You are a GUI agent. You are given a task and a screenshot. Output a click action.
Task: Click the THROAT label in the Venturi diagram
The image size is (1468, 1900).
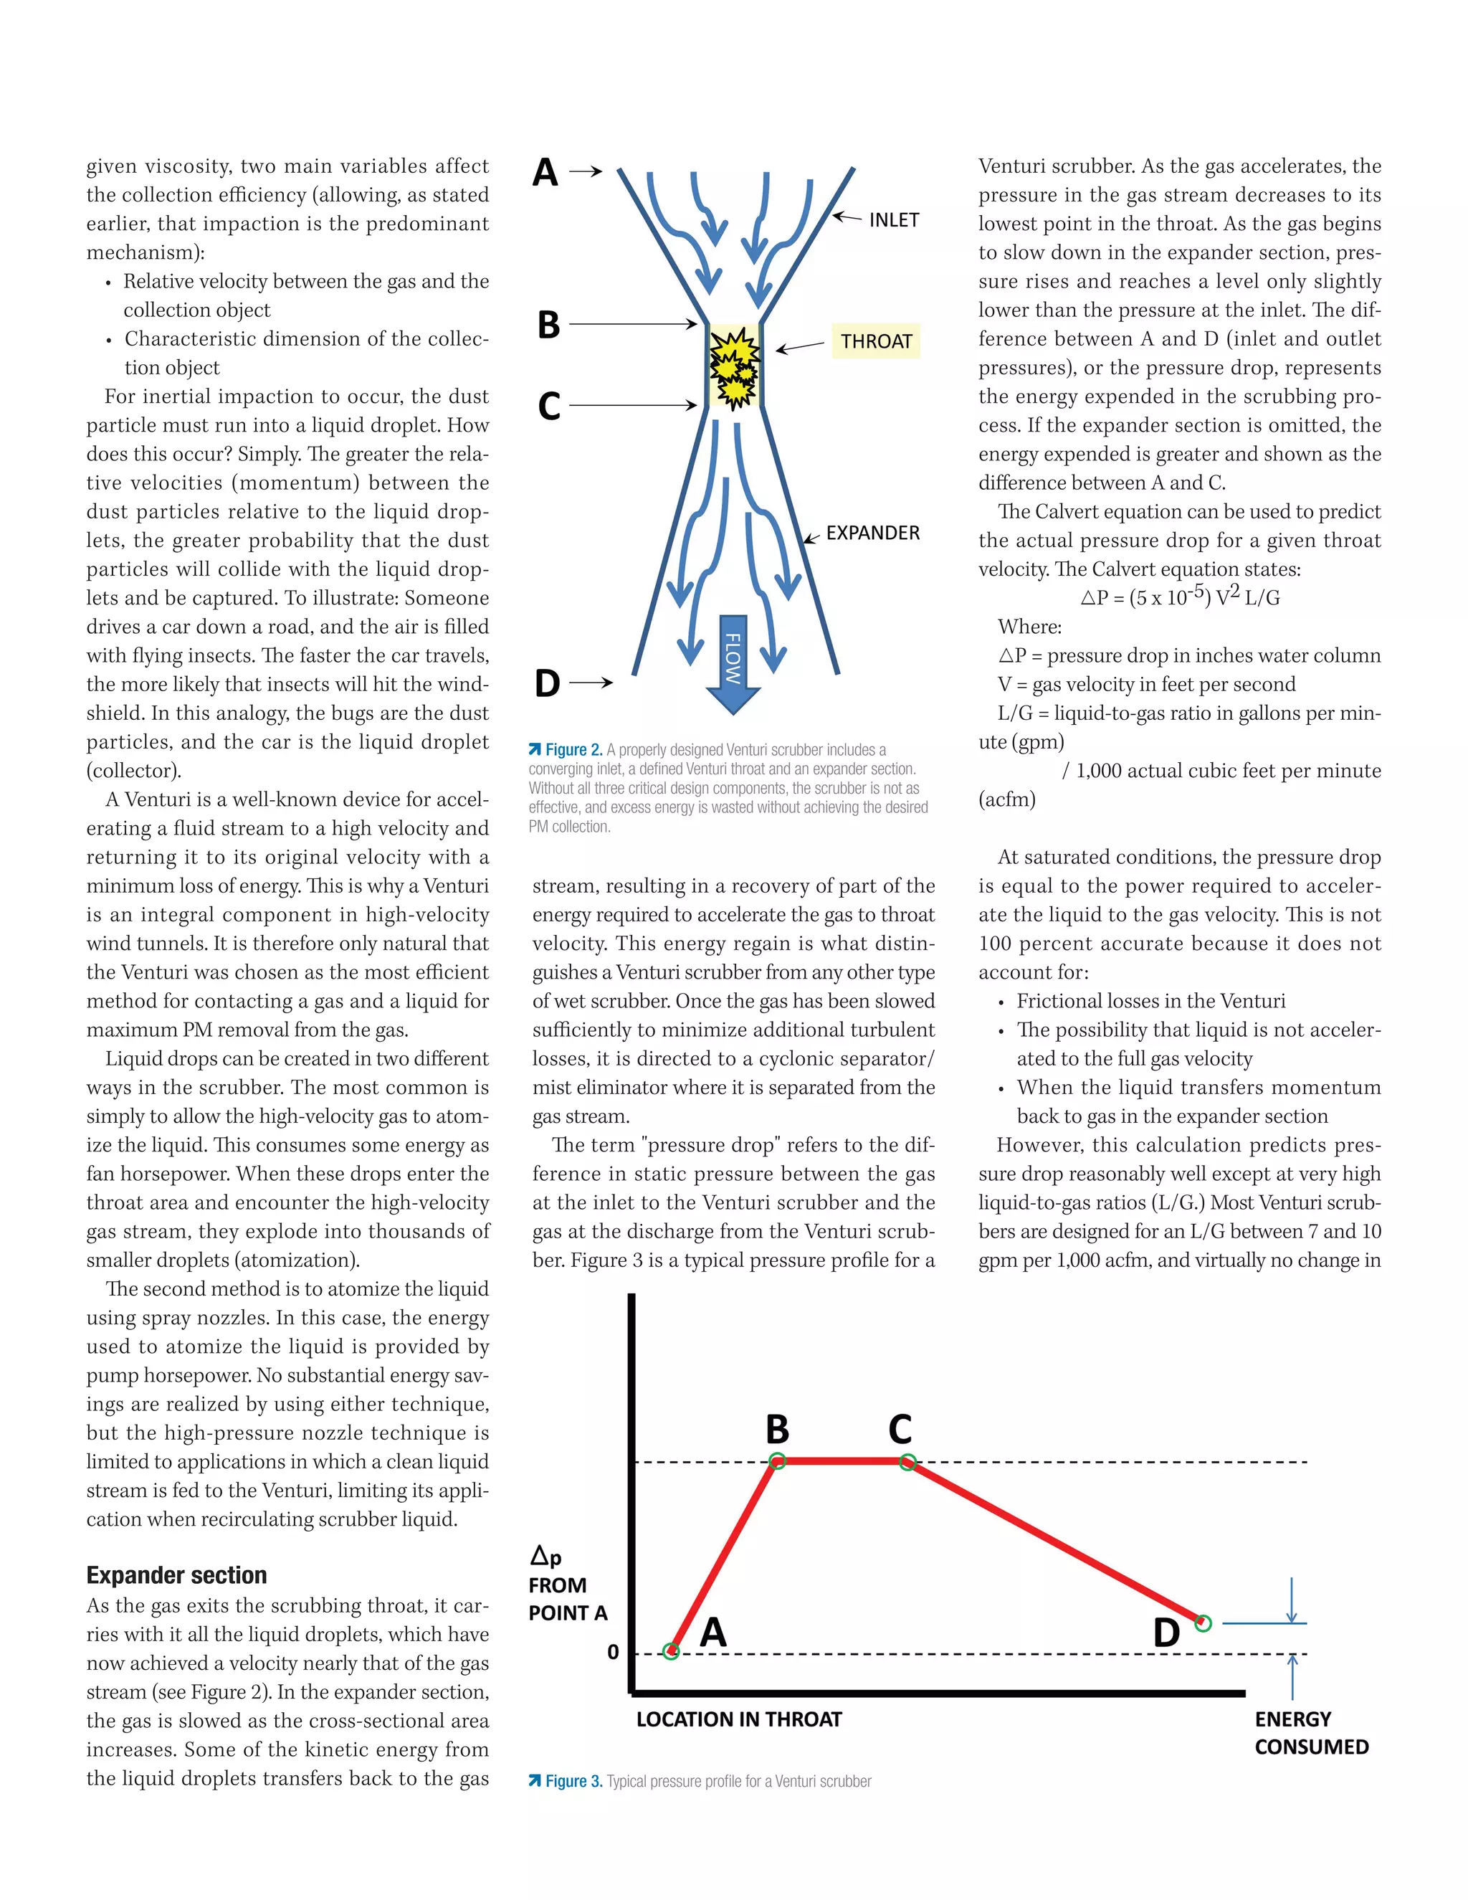tap(876, 341)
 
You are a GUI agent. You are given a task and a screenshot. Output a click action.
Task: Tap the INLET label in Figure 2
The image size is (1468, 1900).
tap(893, 220)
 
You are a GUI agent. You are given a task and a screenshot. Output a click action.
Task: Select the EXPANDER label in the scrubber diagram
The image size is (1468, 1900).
tap(872, 533)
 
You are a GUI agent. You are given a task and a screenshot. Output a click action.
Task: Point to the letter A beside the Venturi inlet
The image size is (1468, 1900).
tap(545, 172)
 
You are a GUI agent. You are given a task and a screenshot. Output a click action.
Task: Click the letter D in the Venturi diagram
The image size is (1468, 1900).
tap(547, 684)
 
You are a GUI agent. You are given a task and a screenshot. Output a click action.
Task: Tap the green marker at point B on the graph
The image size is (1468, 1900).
tap(778, 1461)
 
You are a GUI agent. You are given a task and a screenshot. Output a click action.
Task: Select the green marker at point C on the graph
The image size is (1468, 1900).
tap(907, 1461)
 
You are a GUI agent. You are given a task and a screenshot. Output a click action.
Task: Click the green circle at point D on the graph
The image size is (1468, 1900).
tap(1203, 1623)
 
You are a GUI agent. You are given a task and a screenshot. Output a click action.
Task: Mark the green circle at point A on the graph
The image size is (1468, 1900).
tap(670, 1651)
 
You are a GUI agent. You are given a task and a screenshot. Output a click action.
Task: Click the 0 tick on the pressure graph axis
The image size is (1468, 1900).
tap(613, 1652)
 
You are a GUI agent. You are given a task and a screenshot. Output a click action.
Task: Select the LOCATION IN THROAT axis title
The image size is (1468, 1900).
tap(738, 1720)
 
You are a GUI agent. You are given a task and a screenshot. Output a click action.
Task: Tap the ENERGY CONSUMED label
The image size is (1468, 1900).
tap(1310, 1733)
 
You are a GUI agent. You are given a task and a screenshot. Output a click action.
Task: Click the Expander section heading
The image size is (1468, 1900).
tap(176, 1575)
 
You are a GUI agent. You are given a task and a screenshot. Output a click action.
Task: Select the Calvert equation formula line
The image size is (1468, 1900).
tap(1179, 597)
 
